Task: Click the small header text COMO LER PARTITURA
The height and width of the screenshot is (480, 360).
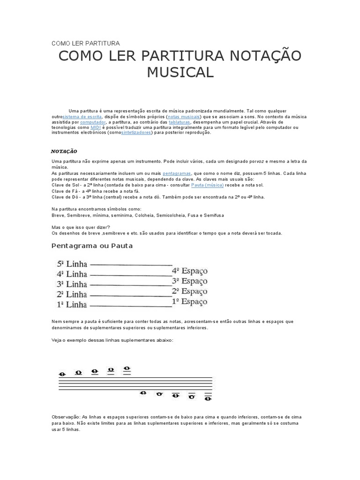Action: [x=85, y=43]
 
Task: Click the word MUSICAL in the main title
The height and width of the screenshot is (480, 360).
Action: [x=180, y=72]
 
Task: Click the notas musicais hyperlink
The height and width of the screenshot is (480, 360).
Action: [x=184, y=116]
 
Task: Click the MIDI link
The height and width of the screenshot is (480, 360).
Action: [x=96, y=127]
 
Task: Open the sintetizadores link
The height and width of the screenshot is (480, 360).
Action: [x=136, y=133]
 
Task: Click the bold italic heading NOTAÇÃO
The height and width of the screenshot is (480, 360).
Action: [x=64, y=151]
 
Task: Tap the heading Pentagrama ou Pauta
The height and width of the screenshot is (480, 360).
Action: [x=92, y=246]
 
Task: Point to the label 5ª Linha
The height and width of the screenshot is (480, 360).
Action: [x=72, y=264]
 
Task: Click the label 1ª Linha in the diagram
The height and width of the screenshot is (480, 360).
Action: [x=72, y=305]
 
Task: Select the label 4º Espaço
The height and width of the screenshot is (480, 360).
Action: [x=189, y=270]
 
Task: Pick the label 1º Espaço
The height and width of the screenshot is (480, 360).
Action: [x=189, y=302]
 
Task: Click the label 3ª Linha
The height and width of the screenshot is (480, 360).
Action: [x=72, y=285]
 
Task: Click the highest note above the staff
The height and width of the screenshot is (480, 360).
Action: [x=127, y=369]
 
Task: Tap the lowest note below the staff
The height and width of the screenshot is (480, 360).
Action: [x=208, y=399]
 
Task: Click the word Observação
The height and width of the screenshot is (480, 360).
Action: [x=65, y=417]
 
